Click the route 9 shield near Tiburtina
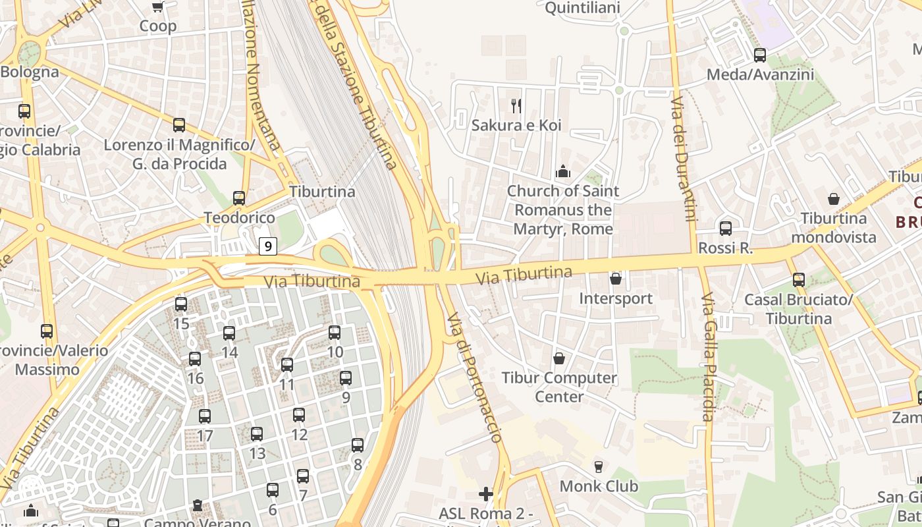click(x=267, y=246)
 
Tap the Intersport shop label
click(x=616, y=298)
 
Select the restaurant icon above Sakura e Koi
click(x=516, y=105)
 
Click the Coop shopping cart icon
click(x=158, y=7)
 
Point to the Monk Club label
click(x=599, y=486)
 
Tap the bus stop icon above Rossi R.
click(x=725, y=229)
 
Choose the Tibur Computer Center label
click(x=559, y=387)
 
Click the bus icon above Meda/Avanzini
click(x=760, y=55)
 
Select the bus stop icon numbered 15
click(x=181, y=304)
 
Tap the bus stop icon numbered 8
click(x=358, y=445)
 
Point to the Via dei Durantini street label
click(x=682, y=158)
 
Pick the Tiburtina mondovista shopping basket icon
click(x=834, y=199)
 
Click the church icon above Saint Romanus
click(x=563, y=172)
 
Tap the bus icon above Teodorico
click(x=239, y=198)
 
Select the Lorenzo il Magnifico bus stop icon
click(x=178, y=125)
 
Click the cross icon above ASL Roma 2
click(x=486, y=493)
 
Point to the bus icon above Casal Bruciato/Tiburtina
click(x=798, y=280)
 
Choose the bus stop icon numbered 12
click(x=299, y=415)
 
